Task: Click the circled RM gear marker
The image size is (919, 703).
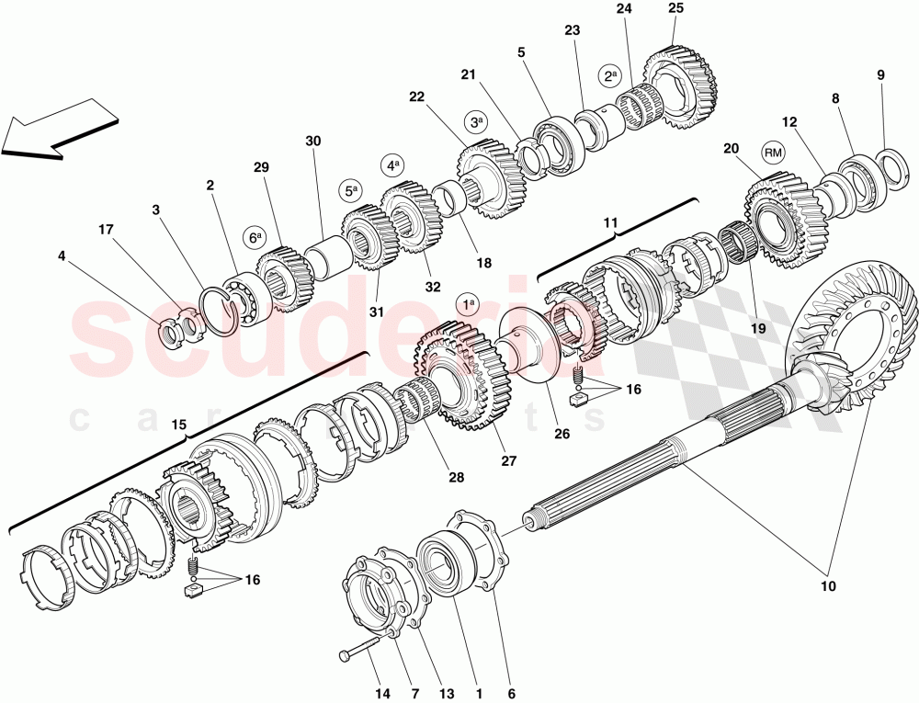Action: click(x=773, y=153)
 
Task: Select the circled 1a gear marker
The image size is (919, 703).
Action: click(x=468, y=303)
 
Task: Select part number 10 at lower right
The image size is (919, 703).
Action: click(x=829, y=585)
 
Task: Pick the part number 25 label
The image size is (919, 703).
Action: click(x=675, y=8)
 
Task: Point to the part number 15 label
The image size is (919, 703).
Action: click(x=179, y=425)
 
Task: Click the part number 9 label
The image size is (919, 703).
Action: click(x=880, y=76)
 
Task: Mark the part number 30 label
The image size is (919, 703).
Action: click(x=313, y=142)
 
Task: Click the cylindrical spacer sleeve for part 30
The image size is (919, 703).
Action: click(x=325, y=251)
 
